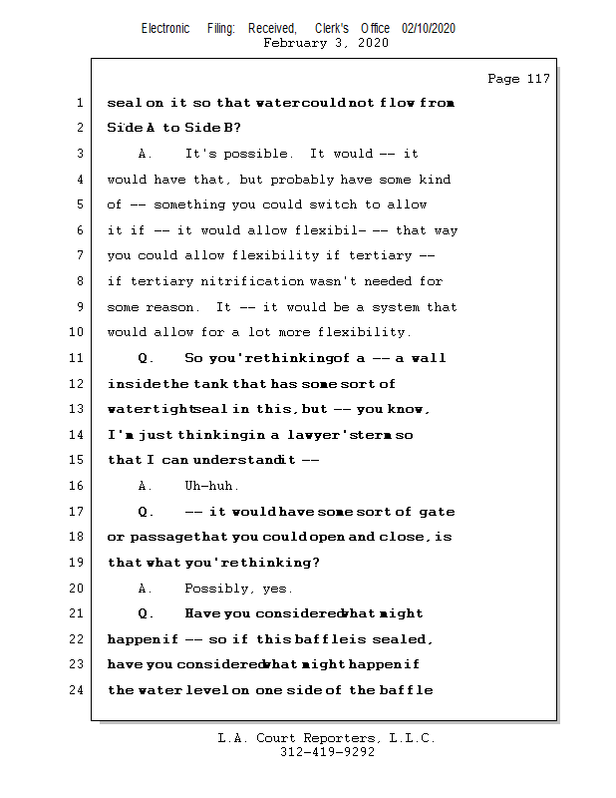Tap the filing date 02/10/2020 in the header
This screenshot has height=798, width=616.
[429, 29]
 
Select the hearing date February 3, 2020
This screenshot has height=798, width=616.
[325, 43]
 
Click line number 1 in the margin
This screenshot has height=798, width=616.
[79, 103]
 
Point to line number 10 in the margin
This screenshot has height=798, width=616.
[76, 332]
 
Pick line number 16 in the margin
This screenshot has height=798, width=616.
[76, 486]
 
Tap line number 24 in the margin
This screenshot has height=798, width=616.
[76, 690]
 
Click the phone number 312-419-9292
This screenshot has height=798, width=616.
[327, 753]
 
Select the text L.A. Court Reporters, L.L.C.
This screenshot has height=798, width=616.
[327, 739]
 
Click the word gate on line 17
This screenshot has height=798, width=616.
[435, 512]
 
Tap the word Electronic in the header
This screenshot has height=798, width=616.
[165, 29]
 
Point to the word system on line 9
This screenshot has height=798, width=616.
[399, 307]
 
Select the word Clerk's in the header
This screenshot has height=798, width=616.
[333, 29]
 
